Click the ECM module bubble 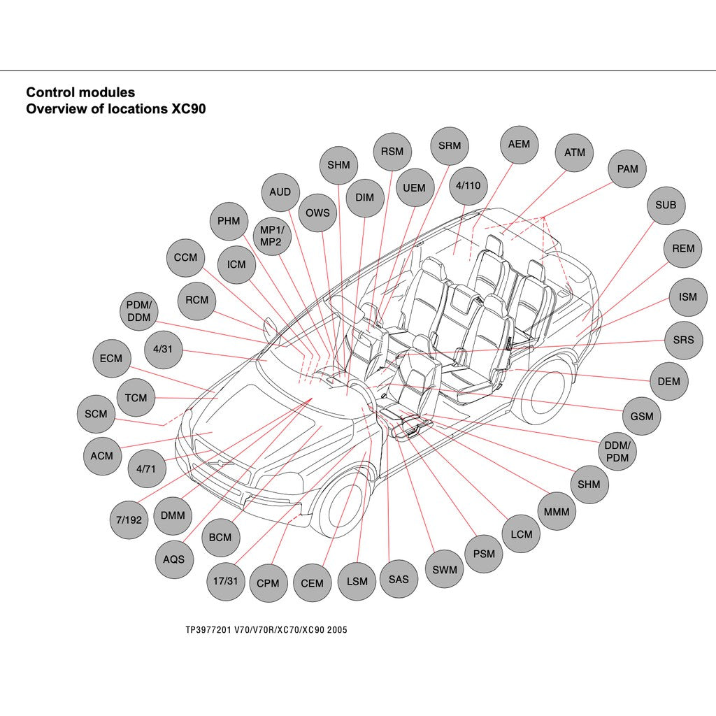coord(110,359)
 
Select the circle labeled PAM coord(627,169)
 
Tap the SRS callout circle coord(683,340)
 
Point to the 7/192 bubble coord(129,520)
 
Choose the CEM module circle coord(312,583)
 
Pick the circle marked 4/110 coord(468,185)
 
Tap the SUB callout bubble coord(666,205)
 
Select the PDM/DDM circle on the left coord(138,311)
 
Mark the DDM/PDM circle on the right coord(617,451)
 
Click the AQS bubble coord(173,559)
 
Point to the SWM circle coord(444,569)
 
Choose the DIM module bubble coord(364,197)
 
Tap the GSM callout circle coord(641,416)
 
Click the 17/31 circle coord(225,581)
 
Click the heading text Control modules coord(80,92)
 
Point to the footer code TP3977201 coord(208,629)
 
